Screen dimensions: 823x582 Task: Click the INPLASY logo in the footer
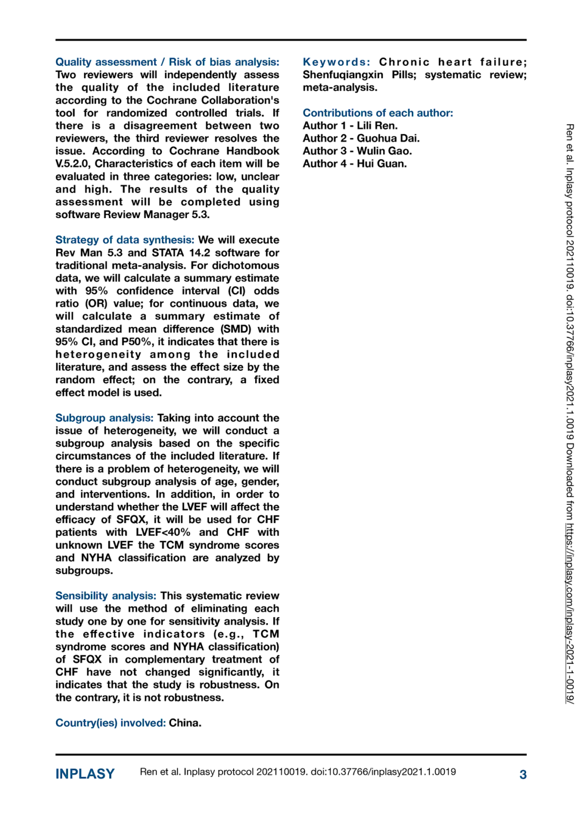click(x=85, y=774)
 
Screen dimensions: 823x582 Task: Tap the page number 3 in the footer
click(x=523, y=774)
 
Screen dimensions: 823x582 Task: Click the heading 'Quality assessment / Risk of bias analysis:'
click(x=167, y=62)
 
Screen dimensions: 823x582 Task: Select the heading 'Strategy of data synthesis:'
click(x=124, y=240)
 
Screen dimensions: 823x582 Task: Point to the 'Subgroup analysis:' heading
click(x=104, y=418)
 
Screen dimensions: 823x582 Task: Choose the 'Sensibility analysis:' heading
click(x=106, y=596)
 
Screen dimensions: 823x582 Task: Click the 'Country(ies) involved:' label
click(x=110, y=723)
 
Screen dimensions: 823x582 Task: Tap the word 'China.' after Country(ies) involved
click(x=185, y=723)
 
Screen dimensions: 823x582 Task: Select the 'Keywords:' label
click(x=336, y=62)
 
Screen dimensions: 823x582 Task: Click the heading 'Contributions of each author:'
click(x=378, y=113)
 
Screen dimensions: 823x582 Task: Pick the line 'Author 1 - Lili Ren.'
click(x=350, y=126)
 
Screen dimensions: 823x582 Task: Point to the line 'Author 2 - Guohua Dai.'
click(x=361, y=138)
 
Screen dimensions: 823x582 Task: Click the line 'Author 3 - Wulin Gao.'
click(x=357, y=151)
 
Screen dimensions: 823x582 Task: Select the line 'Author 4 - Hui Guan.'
click(x=354, y=164)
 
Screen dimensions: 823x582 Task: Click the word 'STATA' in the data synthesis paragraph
click(x=167, y=253)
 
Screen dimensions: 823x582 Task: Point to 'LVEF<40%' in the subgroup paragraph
click(x=162, y=533)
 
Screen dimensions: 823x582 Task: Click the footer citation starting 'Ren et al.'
click(x=297, y=772)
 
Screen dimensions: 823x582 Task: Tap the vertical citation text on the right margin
click(x=570, y=413)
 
